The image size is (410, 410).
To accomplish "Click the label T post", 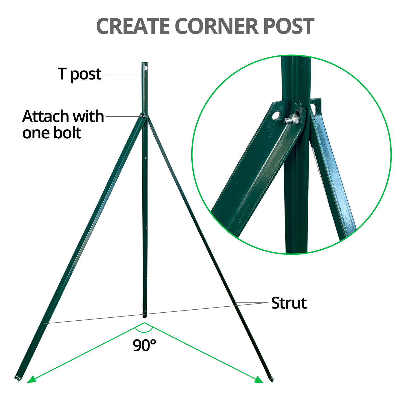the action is click(80, 74).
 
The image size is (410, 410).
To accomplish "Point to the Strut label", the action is click(289, 303).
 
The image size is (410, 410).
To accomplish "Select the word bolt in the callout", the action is click(67, 133).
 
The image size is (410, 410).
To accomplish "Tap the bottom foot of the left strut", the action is click(18, 378).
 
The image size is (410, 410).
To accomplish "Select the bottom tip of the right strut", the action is click(272, 380).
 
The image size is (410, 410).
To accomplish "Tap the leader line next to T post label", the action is click(123, 75).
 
